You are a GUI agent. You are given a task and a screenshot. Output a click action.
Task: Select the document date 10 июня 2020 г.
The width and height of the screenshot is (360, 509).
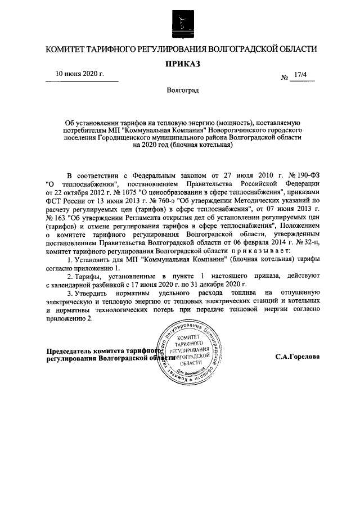79,74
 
